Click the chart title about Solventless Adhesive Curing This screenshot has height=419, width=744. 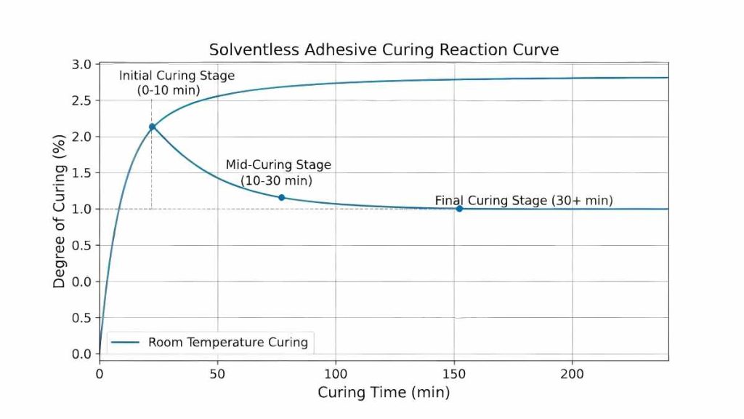coord(384,49)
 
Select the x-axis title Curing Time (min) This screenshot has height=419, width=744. coord(384,393)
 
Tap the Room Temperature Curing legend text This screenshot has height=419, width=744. coord(228,342)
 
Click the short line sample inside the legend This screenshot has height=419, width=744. coord(126,342)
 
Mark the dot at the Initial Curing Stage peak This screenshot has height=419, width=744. coord(152,127)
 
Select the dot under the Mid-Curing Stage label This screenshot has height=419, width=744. coord(281,197)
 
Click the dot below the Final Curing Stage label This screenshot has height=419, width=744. coord(459,209)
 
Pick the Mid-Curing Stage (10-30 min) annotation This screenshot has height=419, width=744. coord(278,172)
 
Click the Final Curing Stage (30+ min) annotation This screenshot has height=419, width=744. coord(524,200)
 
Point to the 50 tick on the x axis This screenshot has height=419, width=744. coord(217,374)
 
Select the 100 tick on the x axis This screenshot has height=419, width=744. coord(336,374)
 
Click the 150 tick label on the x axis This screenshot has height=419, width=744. coord(454,374)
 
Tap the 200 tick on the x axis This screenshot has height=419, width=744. coord(573,374)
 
